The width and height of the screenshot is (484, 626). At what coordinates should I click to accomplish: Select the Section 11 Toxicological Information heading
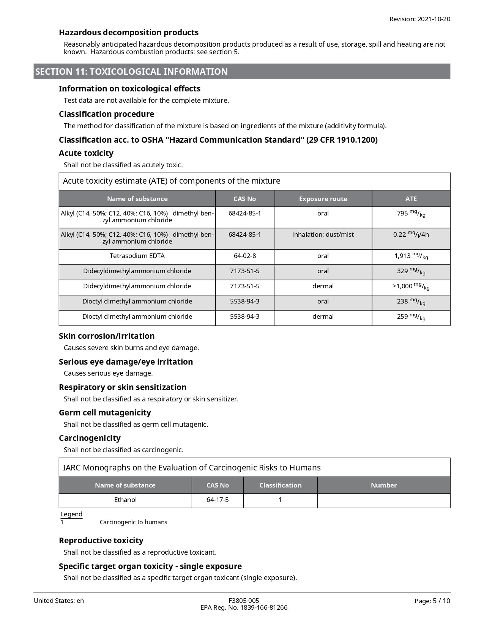pos(131,72)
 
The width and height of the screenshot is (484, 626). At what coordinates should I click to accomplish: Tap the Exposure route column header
pos(323,199)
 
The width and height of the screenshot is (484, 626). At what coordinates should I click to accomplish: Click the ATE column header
pos(411,199)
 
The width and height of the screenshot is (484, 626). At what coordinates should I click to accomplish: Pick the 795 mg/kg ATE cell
pos(411,214)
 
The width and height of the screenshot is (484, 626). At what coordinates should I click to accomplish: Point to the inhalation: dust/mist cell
pos(323,234)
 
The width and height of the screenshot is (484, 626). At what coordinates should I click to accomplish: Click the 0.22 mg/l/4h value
pos(411,235)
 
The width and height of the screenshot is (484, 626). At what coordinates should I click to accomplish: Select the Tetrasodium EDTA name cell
pos(137,256)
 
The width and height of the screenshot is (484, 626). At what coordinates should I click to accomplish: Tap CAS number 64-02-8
pos(244,256)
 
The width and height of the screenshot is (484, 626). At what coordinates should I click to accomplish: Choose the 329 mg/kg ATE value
pos(411,271)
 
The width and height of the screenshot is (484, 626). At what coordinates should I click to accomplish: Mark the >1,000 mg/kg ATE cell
pos(411,286)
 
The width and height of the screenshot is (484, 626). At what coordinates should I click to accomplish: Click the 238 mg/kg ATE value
pos(411,302)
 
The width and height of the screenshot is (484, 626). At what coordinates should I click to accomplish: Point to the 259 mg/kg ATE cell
pos(411,317)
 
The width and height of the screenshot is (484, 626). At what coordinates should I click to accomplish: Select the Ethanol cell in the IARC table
pos(125,500)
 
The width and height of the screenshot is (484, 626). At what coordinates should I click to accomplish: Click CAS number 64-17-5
pos(218,500)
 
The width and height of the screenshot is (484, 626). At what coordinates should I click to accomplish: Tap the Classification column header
pos(280,485)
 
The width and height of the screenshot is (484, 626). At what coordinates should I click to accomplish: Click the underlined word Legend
pos(71,514)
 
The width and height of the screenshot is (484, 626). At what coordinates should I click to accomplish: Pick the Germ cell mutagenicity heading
pos(105,412)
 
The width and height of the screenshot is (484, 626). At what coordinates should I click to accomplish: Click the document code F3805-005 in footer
pos(244,601)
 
